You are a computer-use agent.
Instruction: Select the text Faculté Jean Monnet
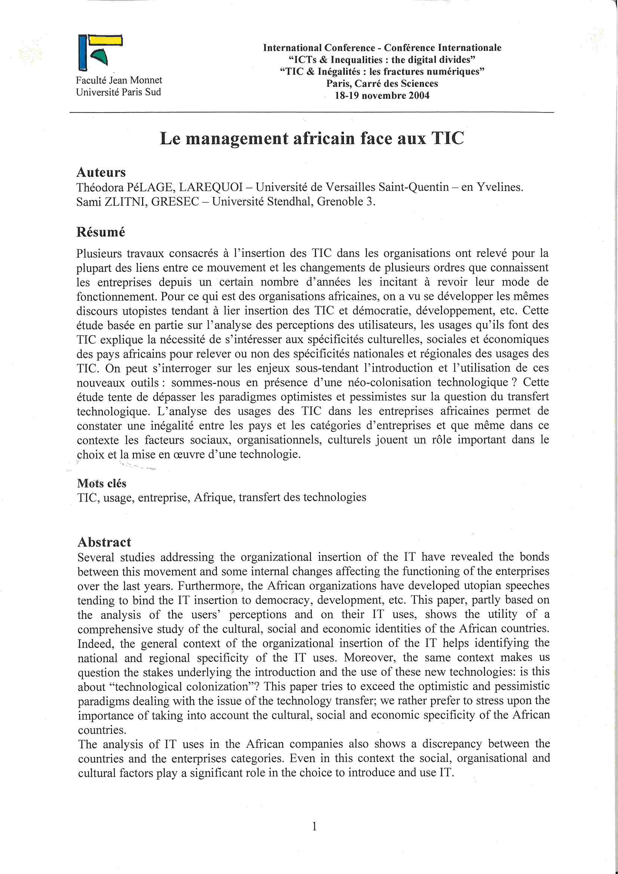click(119, 80)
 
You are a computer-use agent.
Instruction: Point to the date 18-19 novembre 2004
click(382, 96)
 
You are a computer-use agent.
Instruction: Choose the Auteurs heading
click(101, 172)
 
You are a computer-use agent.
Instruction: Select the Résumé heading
click(101, 232)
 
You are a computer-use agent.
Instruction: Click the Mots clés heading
click(102, 483)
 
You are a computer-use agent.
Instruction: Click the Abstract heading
click(104, 542)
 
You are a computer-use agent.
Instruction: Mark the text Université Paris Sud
click(119, 92)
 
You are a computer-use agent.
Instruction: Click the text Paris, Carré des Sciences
click(382, 84)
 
